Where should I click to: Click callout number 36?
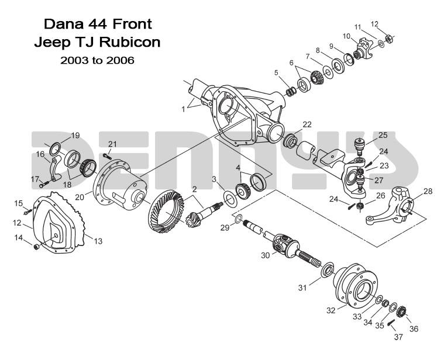click(414, 329)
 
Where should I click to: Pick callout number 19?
click(75, 136)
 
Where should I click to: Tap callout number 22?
click(307, 124)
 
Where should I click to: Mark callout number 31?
click(302, 287)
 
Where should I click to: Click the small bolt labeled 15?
click(27, 211)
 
